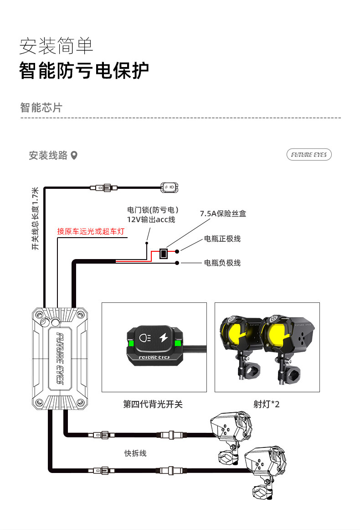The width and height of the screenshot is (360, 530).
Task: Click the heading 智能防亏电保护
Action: click(x=84, y=71)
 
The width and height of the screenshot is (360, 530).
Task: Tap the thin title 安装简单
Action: click(x=56, y=46)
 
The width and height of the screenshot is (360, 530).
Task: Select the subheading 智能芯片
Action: click(x=41, y=108)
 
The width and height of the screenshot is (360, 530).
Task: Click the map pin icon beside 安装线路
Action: click(x=74, y=156)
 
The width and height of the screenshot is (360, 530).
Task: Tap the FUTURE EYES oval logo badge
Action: click(x=309, y=155)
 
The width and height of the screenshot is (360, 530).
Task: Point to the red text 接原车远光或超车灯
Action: click(x=91, y=231)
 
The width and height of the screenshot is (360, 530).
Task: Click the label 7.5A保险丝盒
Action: click(x=223, y=213)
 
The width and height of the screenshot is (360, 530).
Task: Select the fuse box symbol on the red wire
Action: click(x=164, y=253)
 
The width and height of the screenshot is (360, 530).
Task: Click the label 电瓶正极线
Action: click(x=222, y=239)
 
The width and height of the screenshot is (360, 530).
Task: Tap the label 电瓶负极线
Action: click(x=222, y=263)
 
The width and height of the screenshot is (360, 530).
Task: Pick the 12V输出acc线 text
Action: click(x=151, y=220)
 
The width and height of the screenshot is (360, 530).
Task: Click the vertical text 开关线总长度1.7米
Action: click(x=35, y=218)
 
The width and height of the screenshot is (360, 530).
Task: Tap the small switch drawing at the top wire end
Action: click(x=169, y=187)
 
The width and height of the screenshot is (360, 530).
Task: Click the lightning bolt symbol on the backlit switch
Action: click(x=164, y=338)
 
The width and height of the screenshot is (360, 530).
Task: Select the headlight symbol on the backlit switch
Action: click(x=145, y=338)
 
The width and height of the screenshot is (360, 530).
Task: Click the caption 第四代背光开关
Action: click(x=153, y=404)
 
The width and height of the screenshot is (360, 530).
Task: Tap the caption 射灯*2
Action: click(x=267, y=404)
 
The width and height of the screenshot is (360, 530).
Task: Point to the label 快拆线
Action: click(x=135, y=453)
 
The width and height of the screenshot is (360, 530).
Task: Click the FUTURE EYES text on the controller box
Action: click(x=60, y=359)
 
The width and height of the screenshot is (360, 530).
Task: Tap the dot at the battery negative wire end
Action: click(x=177, y=263)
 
